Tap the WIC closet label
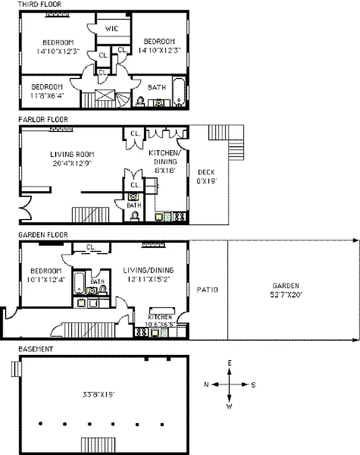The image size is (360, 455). coord(111,28)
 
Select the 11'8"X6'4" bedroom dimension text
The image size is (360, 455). coord(47,96)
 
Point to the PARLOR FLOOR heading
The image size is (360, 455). coord(43,119)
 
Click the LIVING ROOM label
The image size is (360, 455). coord(72,154)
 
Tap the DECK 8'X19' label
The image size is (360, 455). coord(206,176)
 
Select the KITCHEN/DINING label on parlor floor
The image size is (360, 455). coord(167,157)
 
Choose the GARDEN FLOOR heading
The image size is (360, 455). coord(43,234)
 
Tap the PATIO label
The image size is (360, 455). coord(207,290)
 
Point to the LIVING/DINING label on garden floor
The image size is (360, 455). coord(148,274)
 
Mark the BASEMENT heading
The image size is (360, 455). coord(35,349)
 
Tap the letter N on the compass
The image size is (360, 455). coord(207,384)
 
